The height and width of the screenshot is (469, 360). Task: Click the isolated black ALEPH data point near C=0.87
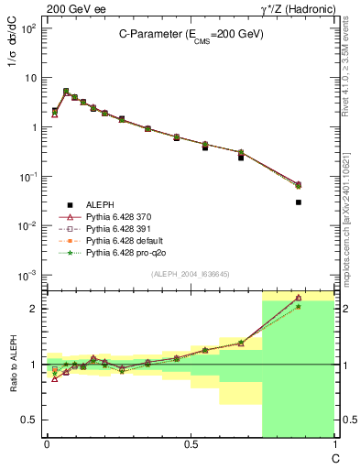tap(299, 202)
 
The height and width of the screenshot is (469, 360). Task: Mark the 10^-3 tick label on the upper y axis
tap(27, 275)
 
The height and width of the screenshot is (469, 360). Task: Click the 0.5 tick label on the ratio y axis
tap(29, 420)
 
